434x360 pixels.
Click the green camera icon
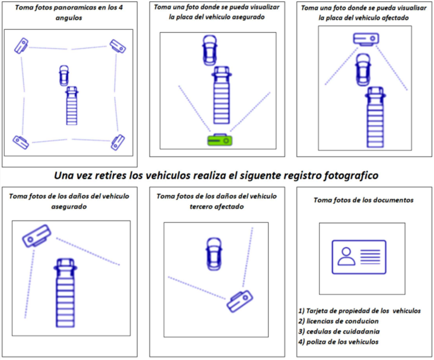coord(220,140)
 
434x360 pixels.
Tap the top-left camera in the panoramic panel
coord(21,45)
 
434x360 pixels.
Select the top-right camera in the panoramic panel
coord(117,46)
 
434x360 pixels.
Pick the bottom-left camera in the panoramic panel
coord(21,142)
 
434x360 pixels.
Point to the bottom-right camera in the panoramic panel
coord(118,142)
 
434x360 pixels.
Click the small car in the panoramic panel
coord(64,75)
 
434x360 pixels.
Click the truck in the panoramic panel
coord(72,105)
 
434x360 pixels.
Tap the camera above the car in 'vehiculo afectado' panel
coord(366,39)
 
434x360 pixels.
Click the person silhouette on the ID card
coord(346,256)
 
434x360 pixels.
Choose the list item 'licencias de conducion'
coord(339,321)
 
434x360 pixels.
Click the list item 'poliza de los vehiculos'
coord(339,342)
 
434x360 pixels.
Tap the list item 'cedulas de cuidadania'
coord(339,331)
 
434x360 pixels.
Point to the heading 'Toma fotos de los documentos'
coord(363,200)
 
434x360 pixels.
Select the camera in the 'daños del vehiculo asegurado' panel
coord(37,235)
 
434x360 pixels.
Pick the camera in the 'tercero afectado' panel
coord(239,301)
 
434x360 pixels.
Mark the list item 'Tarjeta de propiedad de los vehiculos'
coord(360,311)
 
